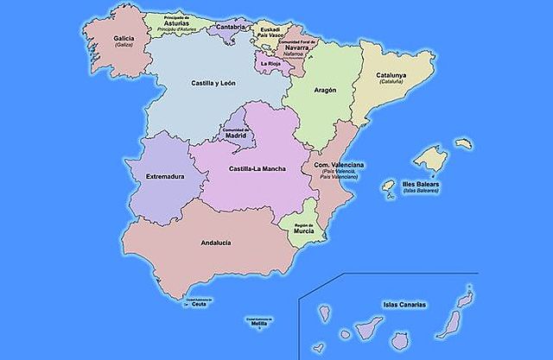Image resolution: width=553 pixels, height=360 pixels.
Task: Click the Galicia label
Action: tap(124, 38)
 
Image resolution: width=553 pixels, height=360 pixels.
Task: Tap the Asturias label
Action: tap(178, 24)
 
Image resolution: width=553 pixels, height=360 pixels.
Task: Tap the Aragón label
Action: tap(326, 90)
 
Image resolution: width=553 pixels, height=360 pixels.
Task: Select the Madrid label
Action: tap(236, 136)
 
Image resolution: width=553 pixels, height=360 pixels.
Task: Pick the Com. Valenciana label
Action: tap(339, 165)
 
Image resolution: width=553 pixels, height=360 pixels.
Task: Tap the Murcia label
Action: tap(302, 231)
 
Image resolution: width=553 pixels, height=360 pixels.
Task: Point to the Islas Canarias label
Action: tap(405, 304)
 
